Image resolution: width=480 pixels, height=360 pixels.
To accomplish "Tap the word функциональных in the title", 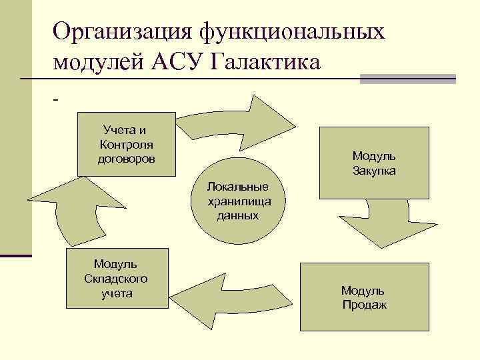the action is coord(291,31).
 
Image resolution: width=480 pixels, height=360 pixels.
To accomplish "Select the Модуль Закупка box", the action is coord(373,163).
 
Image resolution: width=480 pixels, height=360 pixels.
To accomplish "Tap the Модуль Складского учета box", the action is coord(116,278).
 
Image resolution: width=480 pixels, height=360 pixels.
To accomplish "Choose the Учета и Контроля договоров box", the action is coord(126,144).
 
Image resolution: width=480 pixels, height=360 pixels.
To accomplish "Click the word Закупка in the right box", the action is coord(374,171).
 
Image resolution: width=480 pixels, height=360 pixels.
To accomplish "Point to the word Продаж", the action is coord(364,305).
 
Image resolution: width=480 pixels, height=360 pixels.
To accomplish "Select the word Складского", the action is coord(116,278).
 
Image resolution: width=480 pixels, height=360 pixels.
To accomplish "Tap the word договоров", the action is coord(126,159).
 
